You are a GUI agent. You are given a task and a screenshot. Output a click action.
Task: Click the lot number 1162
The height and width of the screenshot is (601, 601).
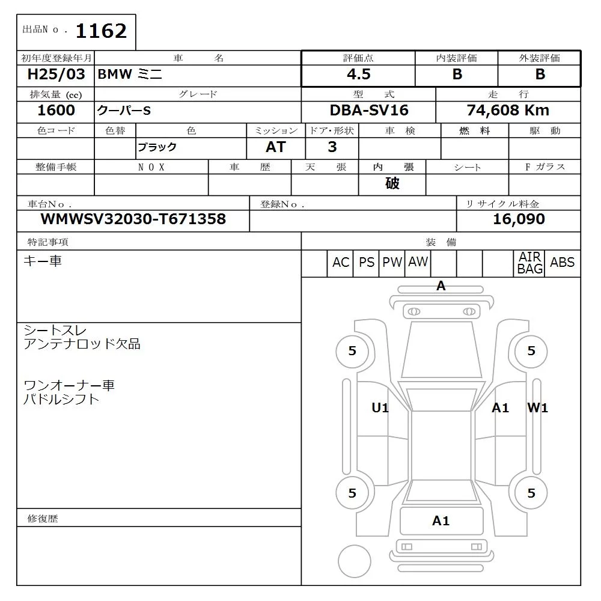coord(101,31)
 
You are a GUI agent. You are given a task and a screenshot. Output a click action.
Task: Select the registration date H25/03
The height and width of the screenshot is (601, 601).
coord(56,75)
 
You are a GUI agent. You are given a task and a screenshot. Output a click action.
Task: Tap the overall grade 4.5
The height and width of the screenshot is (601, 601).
coord(358,75)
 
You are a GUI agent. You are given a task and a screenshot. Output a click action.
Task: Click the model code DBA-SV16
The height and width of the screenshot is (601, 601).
coord(368,111)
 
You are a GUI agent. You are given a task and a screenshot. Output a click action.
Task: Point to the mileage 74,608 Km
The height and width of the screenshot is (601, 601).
coord(508,111)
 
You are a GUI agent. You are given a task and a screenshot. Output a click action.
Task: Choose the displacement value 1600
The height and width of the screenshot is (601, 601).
coord(56,111)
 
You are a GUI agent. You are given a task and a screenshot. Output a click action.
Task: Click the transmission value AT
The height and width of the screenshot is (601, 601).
coord(276,147)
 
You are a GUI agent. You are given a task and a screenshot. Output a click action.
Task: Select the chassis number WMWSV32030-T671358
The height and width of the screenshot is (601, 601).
coord(133,219)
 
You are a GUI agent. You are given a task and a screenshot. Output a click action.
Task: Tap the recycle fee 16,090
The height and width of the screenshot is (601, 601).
coord(519,219)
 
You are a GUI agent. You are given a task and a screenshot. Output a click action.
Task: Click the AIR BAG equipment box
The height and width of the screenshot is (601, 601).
coord(530,263)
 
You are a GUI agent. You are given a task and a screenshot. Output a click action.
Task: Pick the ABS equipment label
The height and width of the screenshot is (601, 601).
coord(562,263)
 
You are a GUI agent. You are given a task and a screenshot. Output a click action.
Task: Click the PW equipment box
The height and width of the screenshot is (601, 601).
coord(392,263)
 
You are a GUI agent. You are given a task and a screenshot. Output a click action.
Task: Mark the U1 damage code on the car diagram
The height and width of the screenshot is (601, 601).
coord(380,408)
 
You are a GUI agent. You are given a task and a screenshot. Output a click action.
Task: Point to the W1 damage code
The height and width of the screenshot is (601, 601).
coord(537,408)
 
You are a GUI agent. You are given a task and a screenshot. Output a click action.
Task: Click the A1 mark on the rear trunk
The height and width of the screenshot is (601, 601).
coord(441,521)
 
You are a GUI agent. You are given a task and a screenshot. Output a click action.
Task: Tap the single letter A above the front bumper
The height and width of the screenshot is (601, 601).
coord(441,287)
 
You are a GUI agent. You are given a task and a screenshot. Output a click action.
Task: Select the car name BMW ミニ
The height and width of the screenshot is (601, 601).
coord(130,75)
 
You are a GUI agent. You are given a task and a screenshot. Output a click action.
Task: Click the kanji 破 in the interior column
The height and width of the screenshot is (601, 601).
coord(392,183)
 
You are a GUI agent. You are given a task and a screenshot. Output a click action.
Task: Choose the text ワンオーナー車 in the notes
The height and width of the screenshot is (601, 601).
coord(69,385)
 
